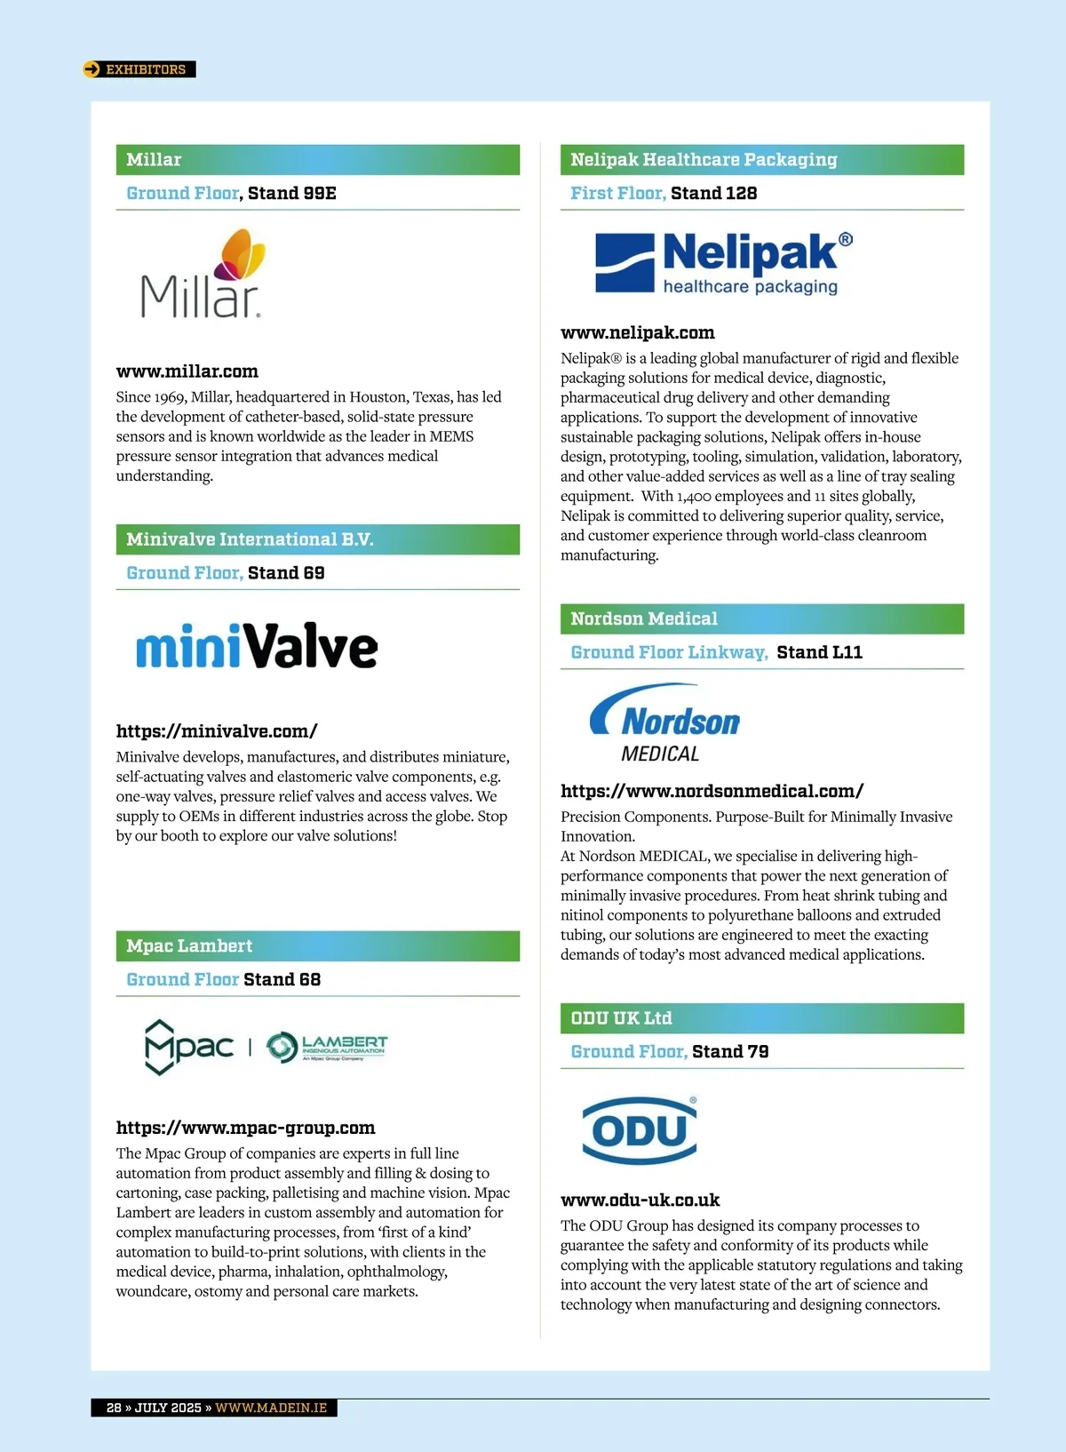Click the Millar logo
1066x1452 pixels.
pos(203,275)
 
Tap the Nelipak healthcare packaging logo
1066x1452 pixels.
pos(724,262)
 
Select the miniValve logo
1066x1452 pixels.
pos(257,646)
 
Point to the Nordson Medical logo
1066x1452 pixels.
pos(664,723)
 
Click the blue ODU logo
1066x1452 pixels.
pos(640,1130)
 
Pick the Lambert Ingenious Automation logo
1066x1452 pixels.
pos(328,1047)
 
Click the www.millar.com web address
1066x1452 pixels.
pos(187,371)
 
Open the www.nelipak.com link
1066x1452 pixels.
pos(638,333)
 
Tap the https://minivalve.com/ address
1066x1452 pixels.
pos(217,731)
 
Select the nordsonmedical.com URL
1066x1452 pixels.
pos(712,791)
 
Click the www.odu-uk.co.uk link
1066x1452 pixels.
pos(640,1201)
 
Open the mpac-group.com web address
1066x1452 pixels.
pos(245,1128)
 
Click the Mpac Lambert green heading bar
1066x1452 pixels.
pos(317,946)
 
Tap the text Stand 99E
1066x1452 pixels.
pos(292,194)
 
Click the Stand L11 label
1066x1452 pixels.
pos(819,652)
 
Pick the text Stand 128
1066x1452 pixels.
pos(714,194)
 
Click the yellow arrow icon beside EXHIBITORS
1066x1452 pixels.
pos(91,69)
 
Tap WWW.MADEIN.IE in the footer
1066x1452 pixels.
pos(271,1408)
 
